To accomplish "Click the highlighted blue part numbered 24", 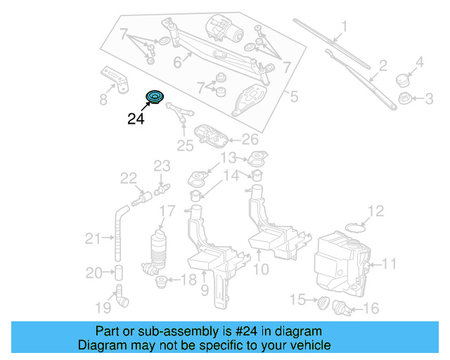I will [x=153, y=98].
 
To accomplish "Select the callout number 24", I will [x=136, y=119].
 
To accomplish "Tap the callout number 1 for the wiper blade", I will [x=345, y=28].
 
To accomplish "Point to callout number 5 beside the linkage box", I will [x=294, y=95].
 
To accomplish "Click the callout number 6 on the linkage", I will [x=178, y=63].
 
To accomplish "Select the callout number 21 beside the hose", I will [x=94, y=239].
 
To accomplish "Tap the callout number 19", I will [x=103, y=307].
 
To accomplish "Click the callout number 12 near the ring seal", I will [x=376, y=210].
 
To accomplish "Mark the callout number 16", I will [x=371, y=308].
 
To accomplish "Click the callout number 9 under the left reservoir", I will [x=205, y=289].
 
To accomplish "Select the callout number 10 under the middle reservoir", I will [x=260, y=269].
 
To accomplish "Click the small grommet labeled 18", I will [x=160, y=283].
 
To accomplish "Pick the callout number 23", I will [x=162, y=167].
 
